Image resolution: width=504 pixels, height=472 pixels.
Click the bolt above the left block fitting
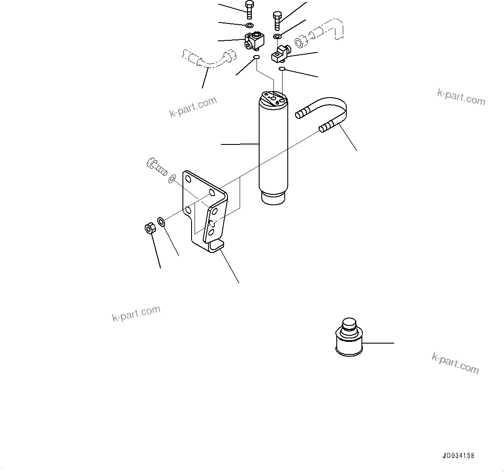[249, 10]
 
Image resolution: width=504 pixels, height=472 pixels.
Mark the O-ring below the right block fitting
[282, 68]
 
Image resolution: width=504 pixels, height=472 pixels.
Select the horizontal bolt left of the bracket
[156, 166]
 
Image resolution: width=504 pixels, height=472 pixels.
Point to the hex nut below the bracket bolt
[150, 228]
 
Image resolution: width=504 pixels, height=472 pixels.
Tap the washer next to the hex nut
[161, 223]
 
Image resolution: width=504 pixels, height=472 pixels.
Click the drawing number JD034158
[458, 456]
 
